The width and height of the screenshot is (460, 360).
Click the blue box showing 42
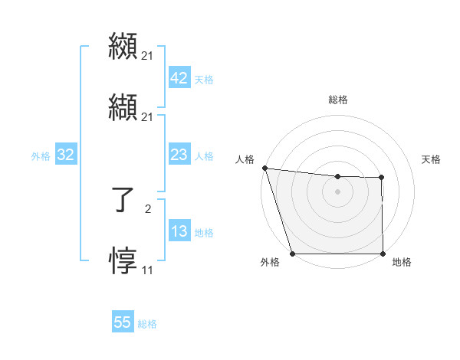[179, 78]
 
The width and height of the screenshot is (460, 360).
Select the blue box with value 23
[179, 155]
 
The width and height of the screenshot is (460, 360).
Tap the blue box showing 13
[179, 231]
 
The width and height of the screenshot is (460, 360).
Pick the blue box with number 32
[66, 155]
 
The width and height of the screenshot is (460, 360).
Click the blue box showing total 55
[123, 322]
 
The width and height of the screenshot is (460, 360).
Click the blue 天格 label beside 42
[204, 79]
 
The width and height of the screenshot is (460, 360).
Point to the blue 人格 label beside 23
[204, 155]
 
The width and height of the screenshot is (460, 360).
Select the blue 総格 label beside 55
[147, 323]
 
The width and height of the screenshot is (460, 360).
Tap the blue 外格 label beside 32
[41, 155]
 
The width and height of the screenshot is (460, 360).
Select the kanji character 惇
[123, 260]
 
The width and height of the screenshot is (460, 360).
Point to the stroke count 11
[147, 270]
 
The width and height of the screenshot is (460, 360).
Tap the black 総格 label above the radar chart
[337, 100]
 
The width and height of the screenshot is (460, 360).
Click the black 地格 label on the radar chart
[402, 262]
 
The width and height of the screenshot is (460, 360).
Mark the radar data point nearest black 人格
[264, 168]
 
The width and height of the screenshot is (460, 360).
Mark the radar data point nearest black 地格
[383, 254]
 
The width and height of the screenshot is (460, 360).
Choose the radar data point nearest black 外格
[292, 254]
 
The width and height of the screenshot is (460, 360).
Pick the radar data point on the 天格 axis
[381, 178]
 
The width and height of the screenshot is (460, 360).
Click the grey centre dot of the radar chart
[337, 191]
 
